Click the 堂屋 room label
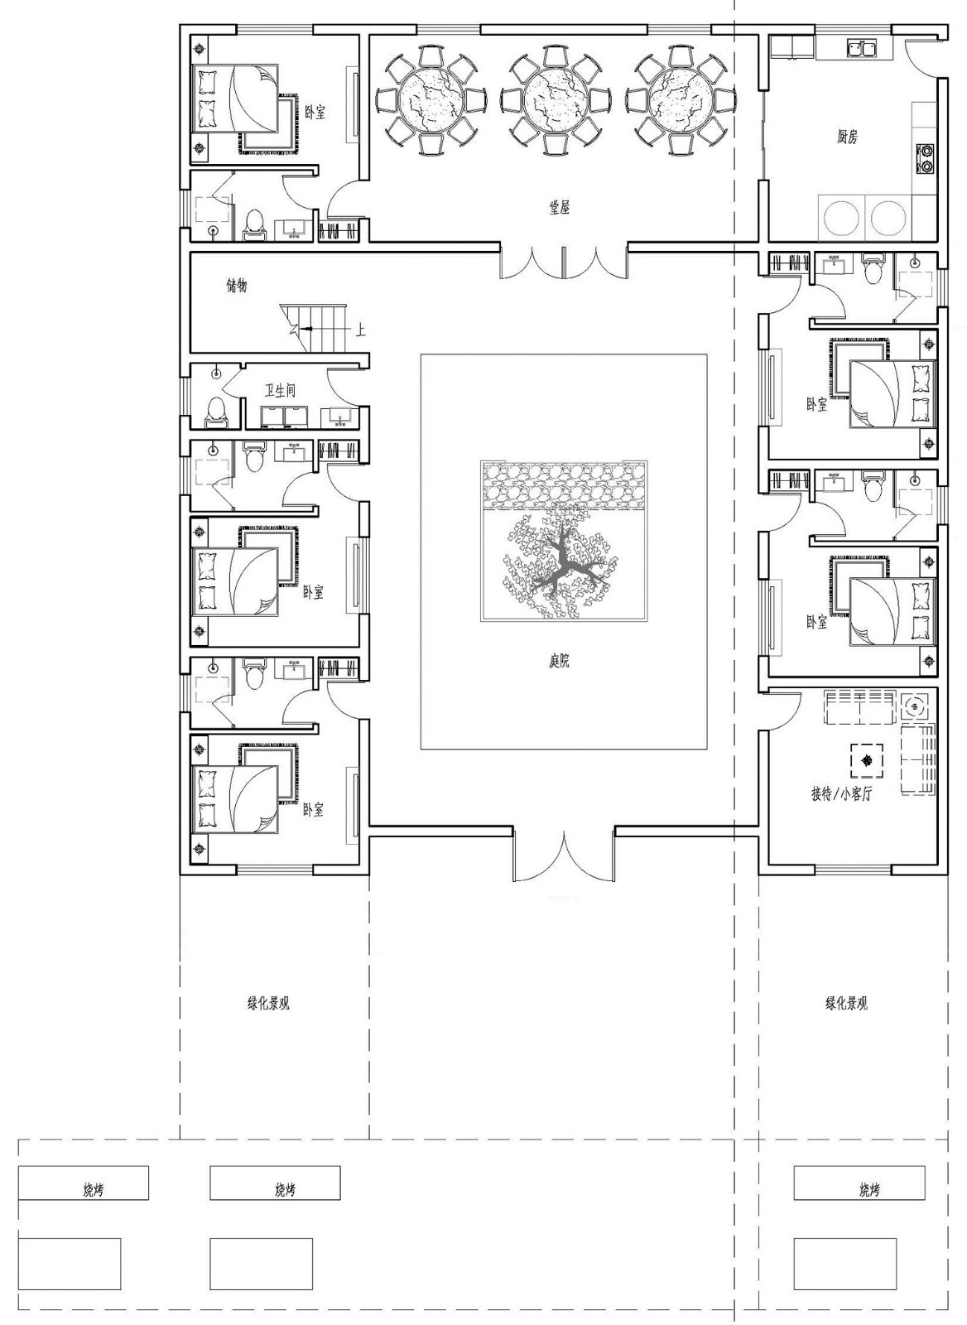560,208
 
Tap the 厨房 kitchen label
846,137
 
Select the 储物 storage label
237,286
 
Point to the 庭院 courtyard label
560,661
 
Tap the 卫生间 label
280,390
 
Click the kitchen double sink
860,49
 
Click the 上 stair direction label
360,330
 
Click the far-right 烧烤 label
868,1190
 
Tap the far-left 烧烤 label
94,1190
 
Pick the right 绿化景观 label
846,1004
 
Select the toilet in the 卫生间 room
216,410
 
